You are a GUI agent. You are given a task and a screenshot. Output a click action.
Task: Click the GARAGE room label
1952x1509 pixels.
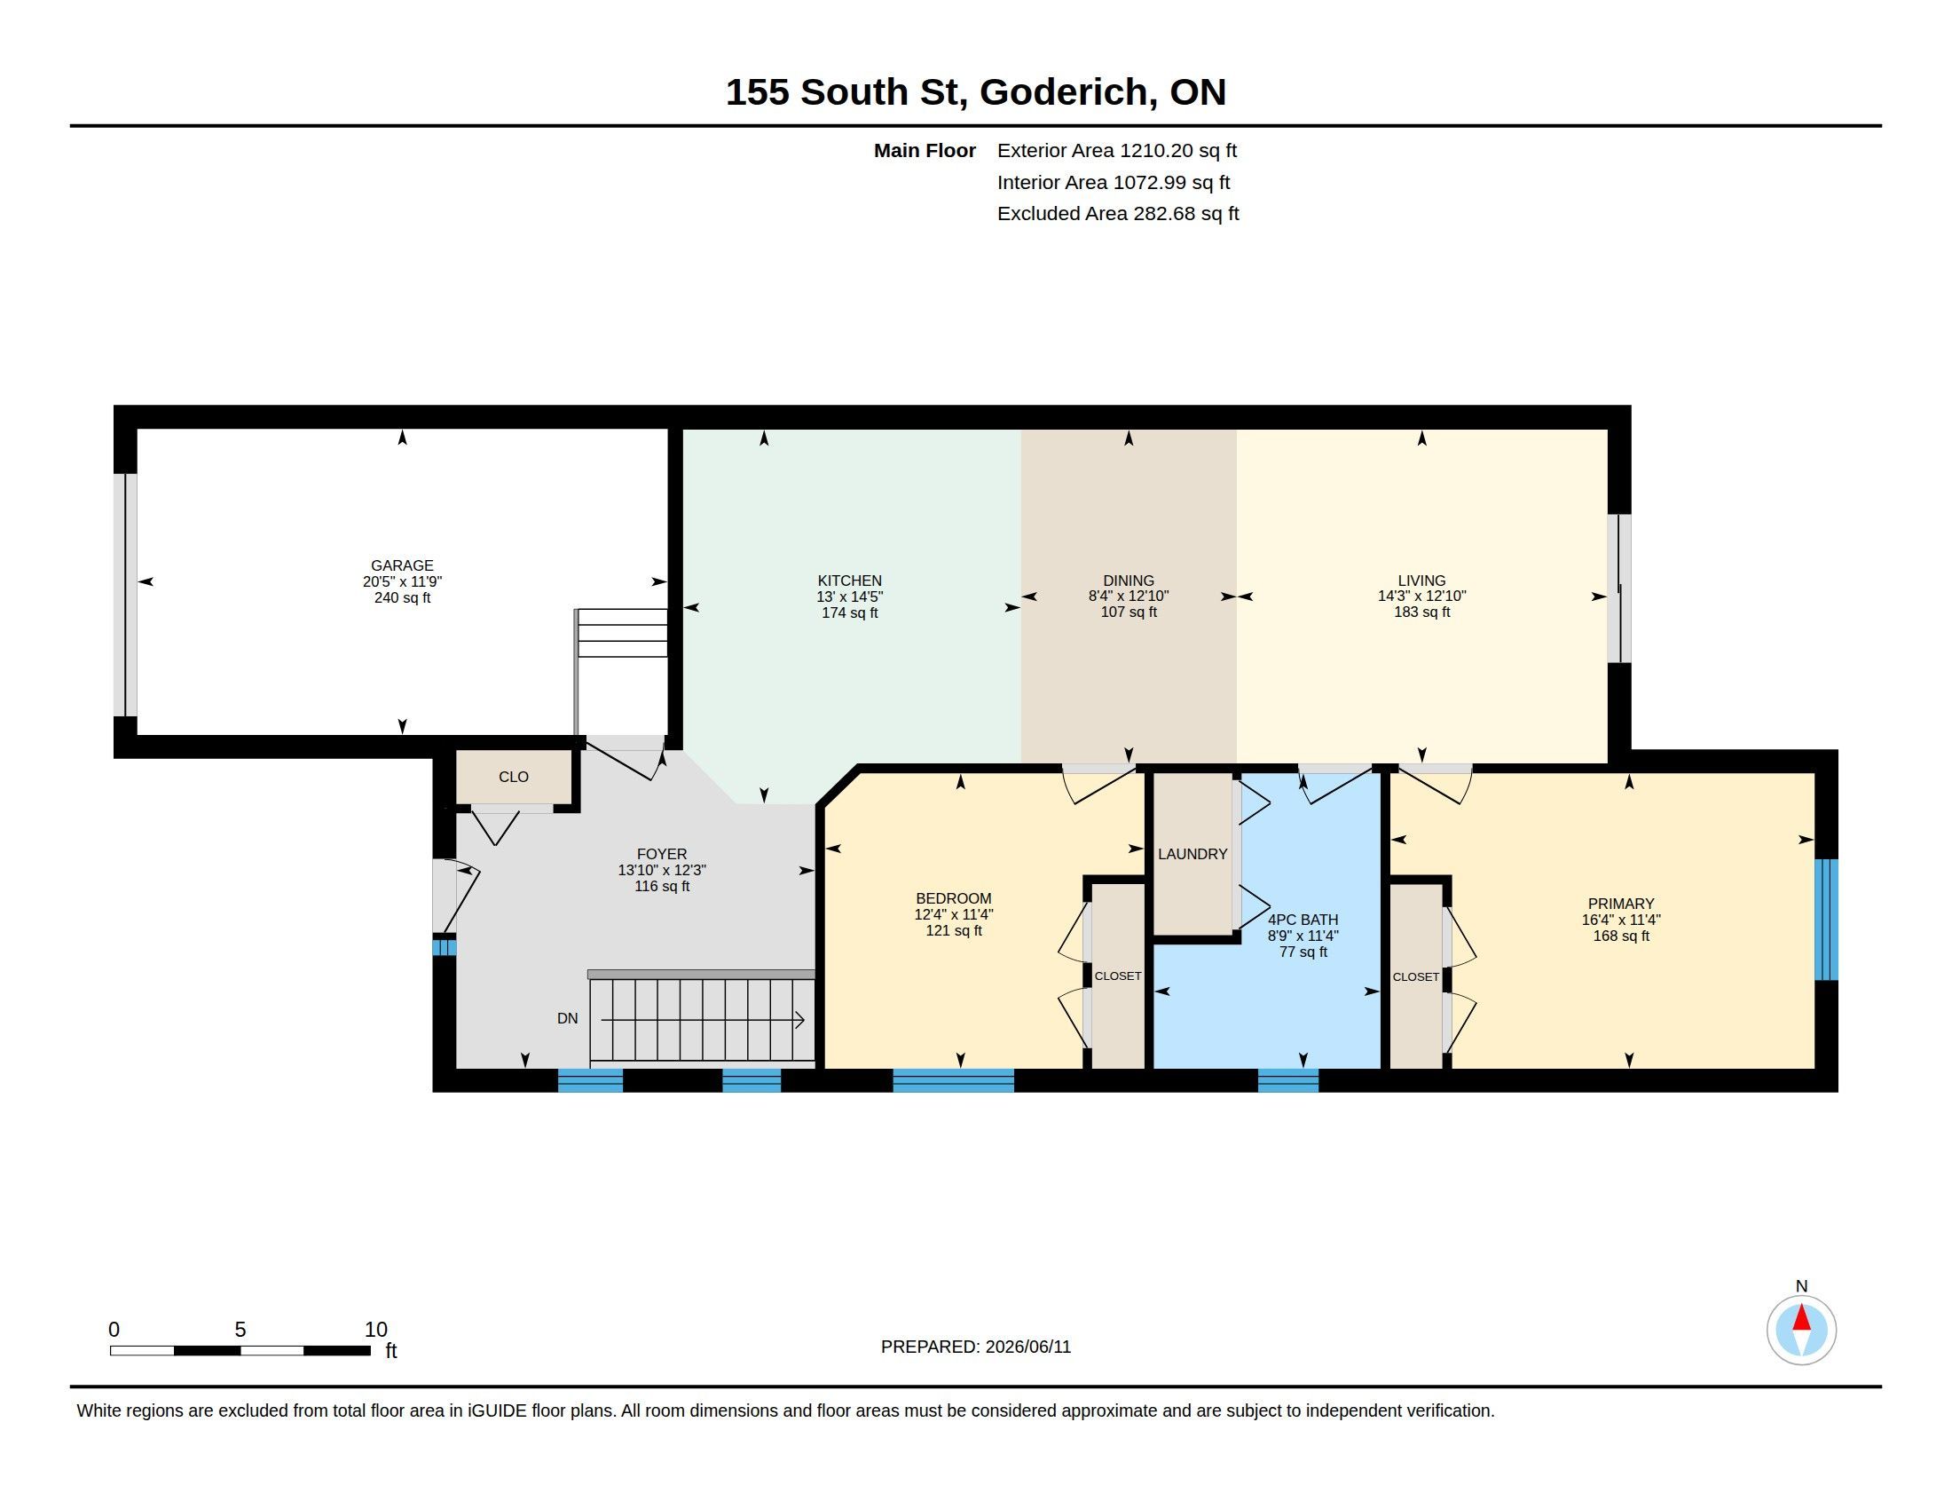[x=402, y=565]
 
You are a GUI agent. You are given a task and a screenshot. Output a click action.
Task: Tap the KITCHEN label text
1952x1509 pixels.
[x=849, y=581]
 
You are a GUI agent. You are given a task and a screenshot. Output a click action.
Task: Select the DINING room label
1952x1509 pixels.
[x=1128, y=581]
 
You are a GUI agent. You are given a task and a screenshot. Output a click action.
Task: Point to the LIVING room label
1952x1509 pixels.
[x=1421, y=581]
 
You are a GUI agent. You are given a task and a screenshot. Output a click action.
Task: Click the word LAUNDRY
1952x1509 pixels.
[x=1192, y=854]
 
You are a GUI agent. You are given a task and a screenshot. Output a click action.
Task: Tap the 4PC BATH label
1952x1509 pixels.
[x=1303, y=919]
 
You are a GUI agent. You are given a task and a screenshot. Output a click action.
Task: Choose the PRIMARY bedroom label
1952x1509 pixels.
[x=1620, y=904]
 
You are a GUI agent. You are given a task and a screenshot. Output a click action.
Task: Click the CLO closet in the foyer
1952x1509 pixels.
[x=513, y=777]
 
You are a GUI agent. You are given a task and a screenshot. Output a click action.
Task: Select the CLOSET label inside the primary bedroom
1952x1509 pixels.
[x=1416, y=977]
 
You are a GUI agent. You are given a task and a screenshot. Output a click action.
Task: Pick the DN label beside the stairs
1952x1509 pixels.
[x=568, y=1018]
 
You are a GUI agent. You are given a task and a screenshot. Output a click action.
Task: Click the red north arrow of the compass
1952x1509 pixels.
[x=1801, y=1318]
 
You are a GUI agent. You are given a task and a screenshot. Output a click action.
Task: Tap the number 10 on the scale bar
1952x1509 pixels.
[x=375, y=1330]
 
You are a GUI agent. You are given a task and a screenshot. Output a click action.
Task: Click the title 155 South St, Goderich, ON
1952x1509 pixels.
[x=975, y=92]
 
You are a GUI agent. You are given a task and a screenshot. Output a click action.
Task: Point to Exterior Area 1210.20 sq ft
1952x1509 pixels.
[x=1117, y=150]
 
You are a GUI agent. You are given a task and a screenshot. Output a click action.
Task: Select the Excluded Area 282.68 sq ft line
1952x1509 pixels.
[x=1118, y=214]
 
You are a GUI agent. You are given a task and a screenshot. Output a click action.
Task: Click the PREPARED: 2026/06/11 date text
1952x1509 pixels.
[x=976, y=1347]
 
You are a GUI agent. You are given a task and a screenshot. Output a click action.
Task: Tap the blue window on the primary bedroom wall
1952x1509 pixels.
[x=1827, y=920]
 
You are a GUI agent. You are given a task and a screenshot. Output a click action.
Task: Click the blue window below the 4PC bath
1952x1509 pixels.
[x=1288, y=1081]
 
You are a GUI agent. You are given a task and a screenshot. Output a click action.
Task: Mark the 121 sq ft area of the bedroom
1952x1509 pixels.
[x=954, y=930]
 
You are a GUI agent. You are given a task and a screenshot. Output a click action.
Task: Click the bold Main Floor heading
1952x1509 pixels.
[x=925, y=150]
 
